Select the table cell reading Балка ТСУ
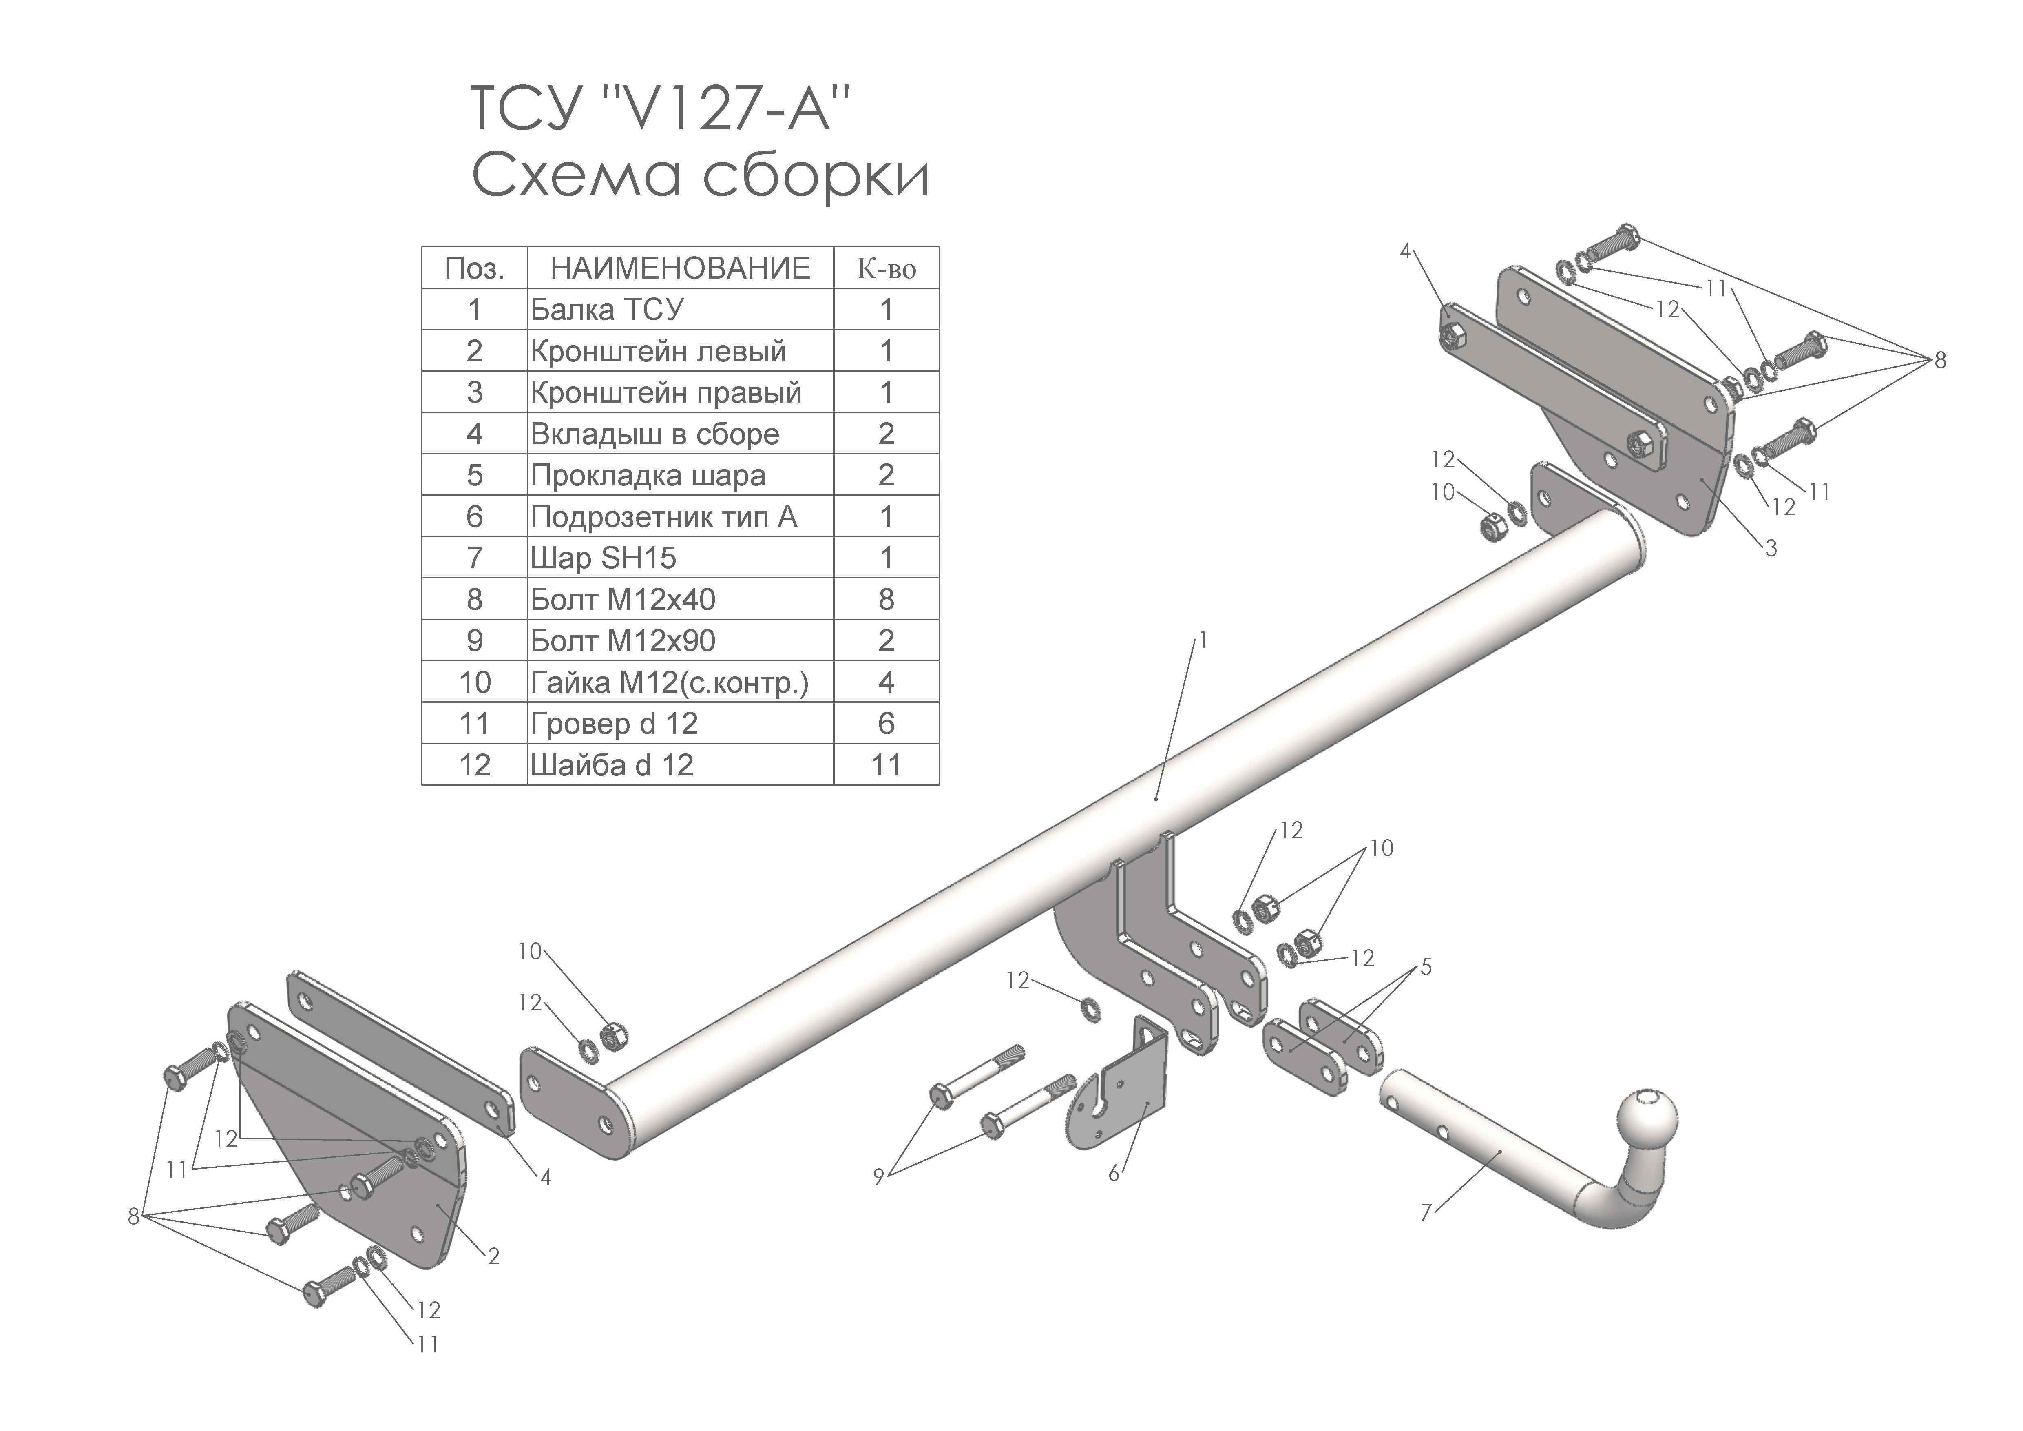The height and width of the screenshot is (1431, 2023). (607, 309)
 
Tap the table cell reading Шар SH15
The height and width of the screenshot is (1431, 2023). (604, 558)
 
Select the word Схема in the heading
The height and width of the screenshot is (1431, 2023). (577, 175)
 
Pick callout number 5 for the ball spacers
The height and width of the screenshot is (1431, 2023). (1426, 968)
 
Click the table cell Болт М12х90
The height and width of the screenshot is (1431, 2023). (623, 640)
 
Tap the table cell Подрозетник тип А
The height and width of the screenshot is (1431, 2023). (663, 516)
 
